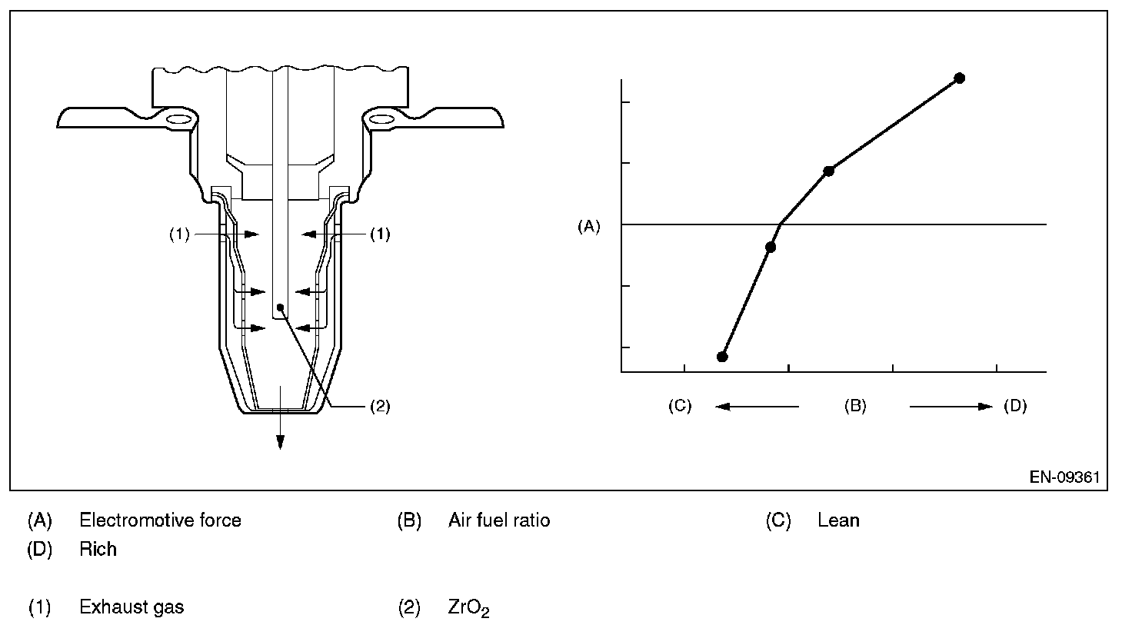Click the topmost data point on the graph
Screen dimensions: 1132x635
pos(960,78)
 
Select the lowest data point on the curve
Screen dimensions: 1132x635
pos(722,357)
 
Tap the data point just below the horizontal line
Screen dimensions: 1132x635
pos(770,247)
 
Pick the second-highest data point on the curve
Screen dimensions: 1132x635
pos(828,171)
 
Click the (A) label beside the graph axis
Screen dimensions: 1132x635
pos(589,226)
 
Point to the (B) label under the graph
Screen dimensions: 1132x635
pos(855,406)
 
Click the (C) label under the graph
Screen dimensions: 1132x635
pos(680,406)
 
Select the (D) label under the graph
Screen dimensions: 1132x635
pos(1015,406)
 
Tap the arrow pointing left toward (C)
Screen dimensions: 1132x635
pos(757,406)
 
